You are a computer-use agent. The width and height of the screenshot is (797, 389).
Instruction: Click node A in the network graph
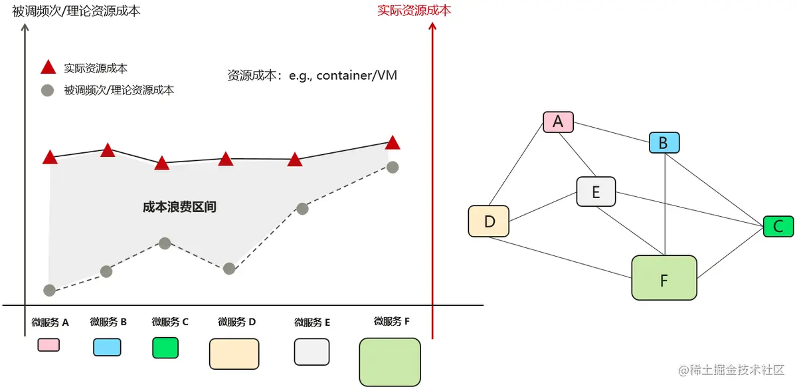[558, 122]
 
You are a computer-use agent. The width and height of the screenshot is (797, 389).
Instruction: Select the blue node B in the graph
[664, 142]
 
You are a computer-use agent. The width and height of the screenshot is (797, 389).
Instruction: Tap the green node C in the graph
[778, 226]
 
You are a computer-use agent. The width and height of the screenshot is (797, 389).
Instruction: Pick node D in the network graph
[488, 221]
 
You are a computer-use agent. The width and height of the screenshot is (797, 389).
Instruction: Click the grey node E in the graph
[596, 192]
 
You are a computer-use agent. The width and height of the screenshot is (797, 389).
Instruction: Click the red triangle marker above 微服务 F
[393, 143]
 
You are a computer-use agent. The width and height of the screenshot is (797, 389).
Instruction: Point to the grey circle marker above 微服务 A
[49, 290]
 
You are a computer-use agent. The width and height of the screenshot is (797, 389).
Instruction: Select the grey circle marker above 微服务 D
[229, 269]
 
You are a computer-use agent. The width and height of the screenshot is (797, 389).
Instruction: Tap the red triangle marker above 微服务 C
[162, 163]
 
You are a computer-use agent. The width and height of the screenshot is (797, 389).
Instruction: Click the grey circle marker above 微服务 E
[302, 209]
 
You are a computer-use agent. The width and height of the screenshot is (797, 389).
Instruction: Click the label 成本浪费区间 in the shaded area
[179, 207]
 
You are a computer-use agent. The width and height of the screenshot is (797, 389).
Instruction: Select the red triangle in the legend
[47, 67]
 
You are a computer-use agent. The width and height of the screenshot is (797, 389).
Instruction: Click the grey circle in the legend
[47, 90]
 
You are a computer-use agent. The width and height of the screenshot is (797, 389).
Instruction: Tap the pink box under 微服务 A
[48, 344]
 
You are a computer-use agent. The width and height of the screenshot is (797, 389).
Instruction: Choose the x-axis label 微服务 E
[312, 323]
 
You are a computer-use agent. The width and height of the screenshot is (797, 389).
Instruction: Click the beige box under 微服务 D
[234, 354]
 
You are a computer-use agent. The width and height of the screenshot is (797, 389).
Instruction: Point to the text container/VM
[357, 75]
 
